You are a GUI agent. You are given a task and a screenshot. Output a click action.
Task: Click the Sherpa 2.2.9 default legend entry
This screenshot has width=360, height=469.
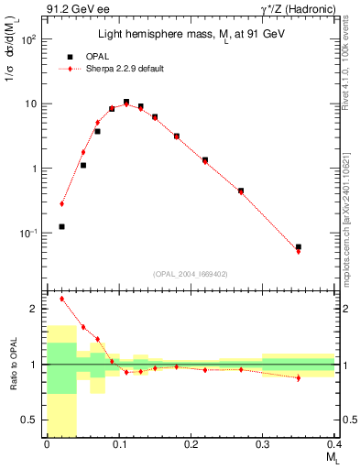click(x=122, y=69)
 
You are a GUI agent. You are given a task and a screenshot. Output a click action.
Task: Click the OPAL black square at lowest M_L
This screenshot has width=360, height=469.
click(x=61, y=226)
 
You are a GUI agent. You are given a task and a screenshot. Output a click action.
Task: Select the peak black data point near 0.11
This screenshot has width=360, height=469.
click(x=126, y=102)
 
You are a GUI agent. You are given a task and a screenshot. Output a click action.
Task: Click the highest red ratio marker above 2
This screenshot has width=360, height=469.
click(x=61, y=299)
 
